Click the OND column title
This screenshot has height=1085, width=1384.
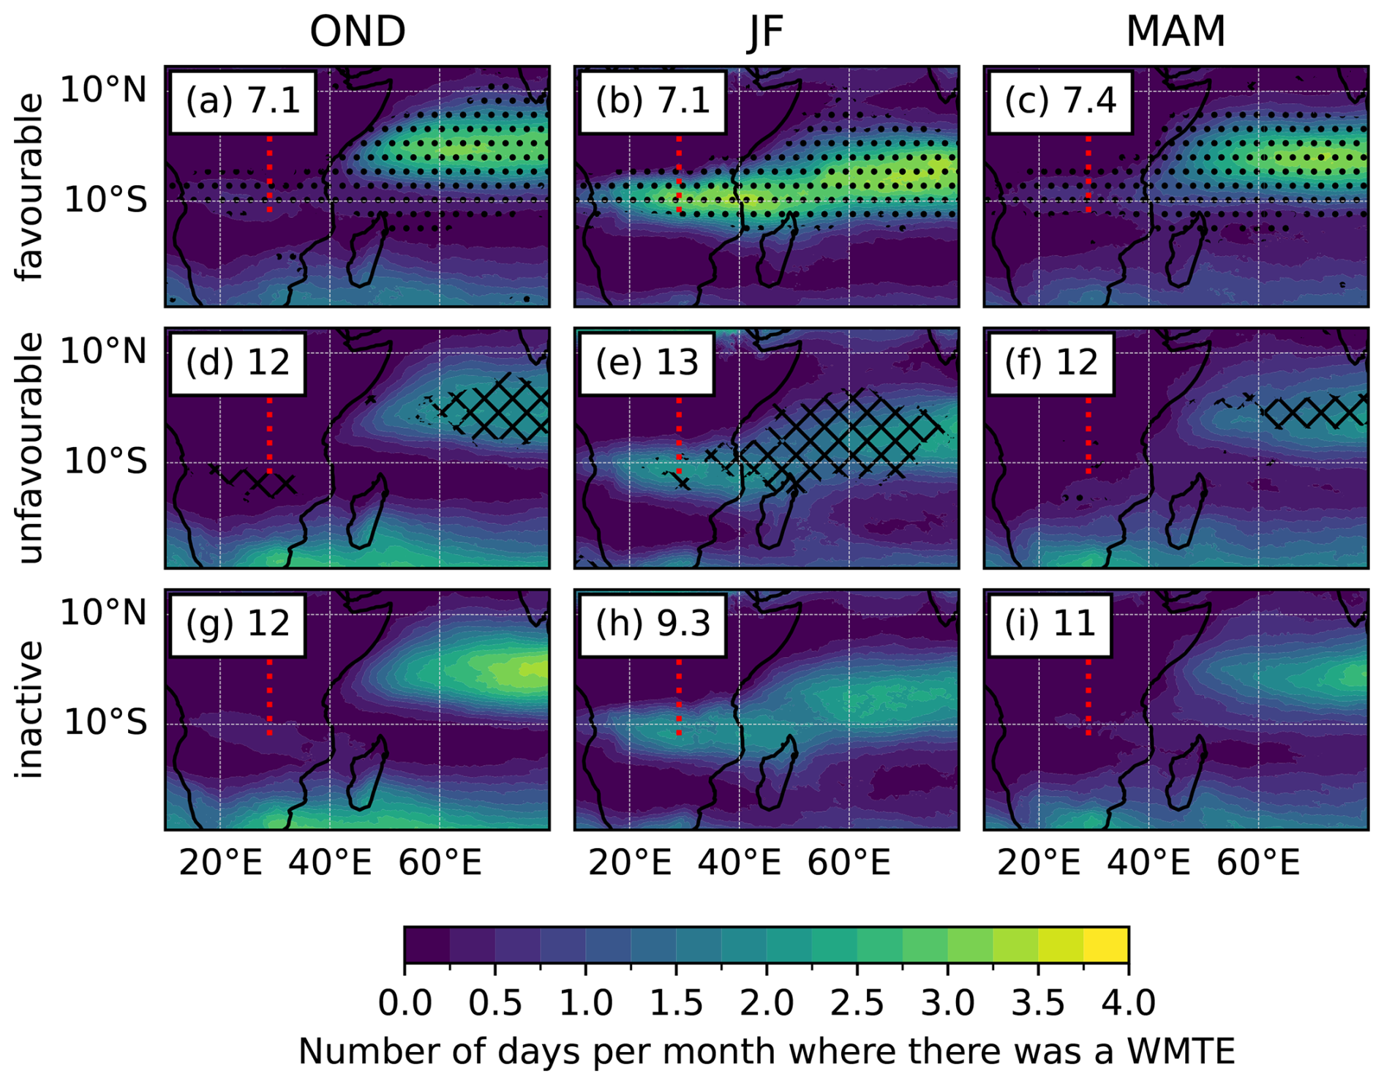[x=357, y=31]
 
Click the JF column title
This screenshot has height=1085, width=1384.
[x=765, y=31]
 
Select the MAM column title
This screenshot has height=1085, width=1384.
[x=1175, y=31]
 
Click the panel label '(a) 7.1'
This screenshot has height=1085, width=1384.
[x=243, y=101]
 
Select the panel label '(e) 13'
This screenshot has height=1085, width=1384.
[x=647, y=363]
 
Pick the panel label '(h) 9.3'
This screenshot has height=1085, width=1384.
[x=652, y=624]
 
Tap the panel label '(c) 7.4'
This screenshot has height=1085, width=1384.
[x=1060, y=101]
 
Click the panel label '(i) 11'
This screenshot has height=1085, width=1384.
[x=1050, y=624]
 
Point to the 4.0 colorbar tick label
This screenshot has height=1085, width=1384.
[x=1128, y=1002]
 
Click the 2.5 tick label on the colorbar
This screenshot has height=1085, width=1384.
[x=857, y=1002]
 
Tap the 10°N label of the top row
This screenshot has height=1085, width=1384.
[x=104, y=91]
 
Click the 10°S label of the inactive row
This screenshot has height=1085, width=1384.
[x=105, y=723]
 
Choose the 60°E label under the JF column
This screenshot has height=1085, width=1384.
[x=849, y=863]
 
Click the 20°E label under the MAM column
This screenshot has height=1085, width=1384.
[x=1039, y=863]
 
